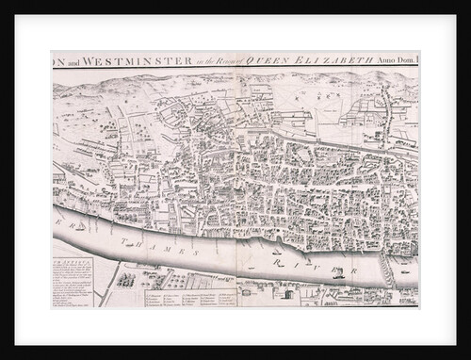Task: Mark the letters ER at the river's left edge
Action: point(60,226)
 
